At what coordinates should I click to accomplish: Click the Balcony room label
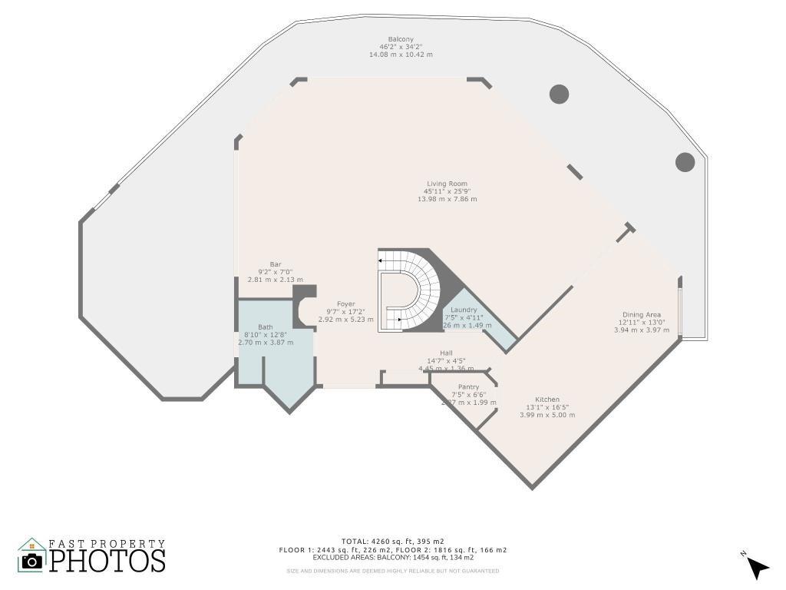pos(401,39)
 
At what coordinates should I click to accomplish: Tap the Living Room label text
pos(447,184)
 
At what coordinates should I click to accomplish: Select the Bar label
pos(275,264)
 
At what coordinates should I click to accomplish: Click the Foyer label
pos(345,304)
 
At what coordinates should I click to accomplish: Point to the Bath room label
pos(265,326)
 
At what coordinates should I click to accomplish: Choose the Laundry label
pos(464,310)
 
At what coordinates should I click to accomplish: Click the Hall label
pos(446,353)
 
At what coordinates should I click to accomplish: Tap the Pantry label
pos(468,387)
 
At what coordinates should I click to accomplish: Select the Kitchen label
pos(547,399)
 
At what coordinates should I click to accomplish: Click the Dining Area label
pos(642,314)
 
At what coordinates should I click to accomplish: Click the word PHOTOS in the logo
pos(107,560)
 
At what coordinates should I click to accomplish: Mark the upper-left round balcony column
pos(559,94)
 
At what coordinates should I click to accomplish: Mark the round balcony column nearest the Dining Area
pos(685,162)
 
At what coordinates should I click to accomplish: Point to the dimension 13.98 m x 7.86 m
pos(447,199)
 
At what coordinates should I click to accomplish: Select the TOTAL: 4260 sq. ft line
pos(392,542)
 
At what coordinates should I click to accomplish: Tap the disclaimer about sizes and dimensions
pos(392,571)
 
